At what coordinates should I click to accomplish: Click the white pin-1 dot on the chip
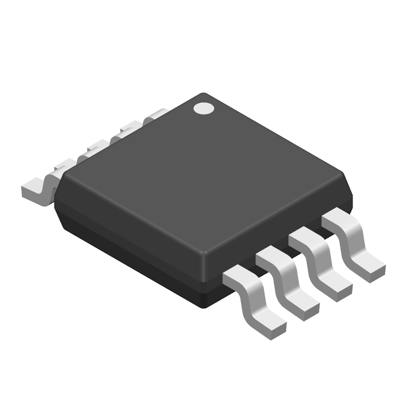click(x=205, y=108)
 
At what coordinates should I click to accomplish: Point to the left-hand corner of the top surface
click(x=63, y=176)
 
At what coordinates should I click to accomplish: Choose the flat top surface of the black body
click(x=203, y=173)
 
